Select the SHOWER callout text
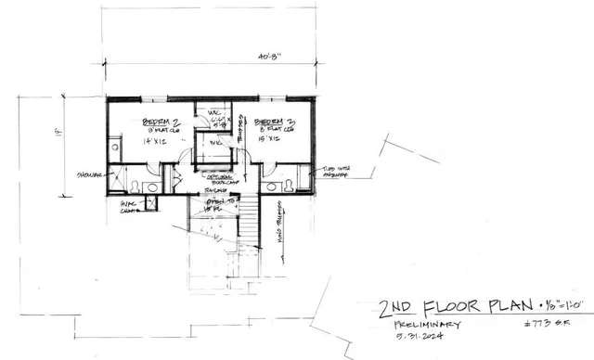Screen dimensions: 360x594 point(90,175)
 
